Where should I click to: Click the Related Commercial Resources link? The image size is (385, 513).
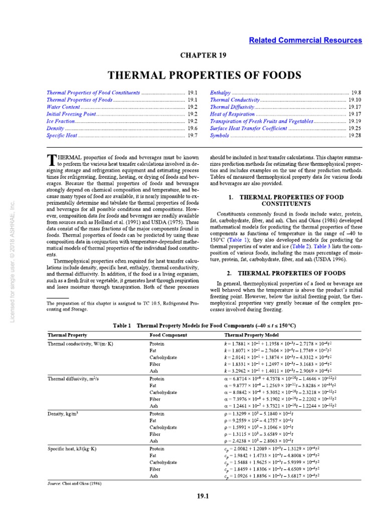point(305,40)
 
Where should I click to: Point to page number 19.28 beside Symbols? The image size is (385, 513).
point(355,136)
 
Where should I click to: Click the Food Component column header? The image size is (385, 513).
point(168,335)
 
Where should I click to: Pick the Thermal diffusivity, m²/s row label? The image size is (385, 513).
point(70,379)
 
